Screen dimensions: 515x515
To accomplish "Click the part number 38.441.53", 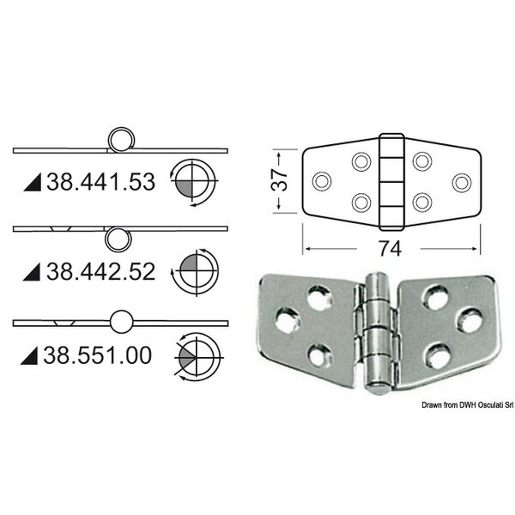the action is [100, 182].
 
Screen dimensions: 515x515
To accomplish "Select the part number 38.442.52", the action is [100, 271].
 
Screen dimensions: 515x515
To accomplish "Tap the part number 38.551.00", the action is [98, 355].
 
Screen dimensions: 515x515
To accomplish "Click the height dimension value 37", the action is [279, 180].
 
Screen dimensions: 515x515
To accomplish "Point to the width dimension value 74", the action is [390, 249].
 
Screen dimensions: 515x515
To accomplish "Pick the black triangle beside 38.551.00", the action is [29, 355].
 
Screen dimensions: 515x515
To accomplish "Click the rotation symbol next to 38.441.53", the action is [194, 183].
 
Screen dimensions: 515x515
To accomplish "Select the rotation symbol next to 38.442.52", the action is [196, 272].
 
